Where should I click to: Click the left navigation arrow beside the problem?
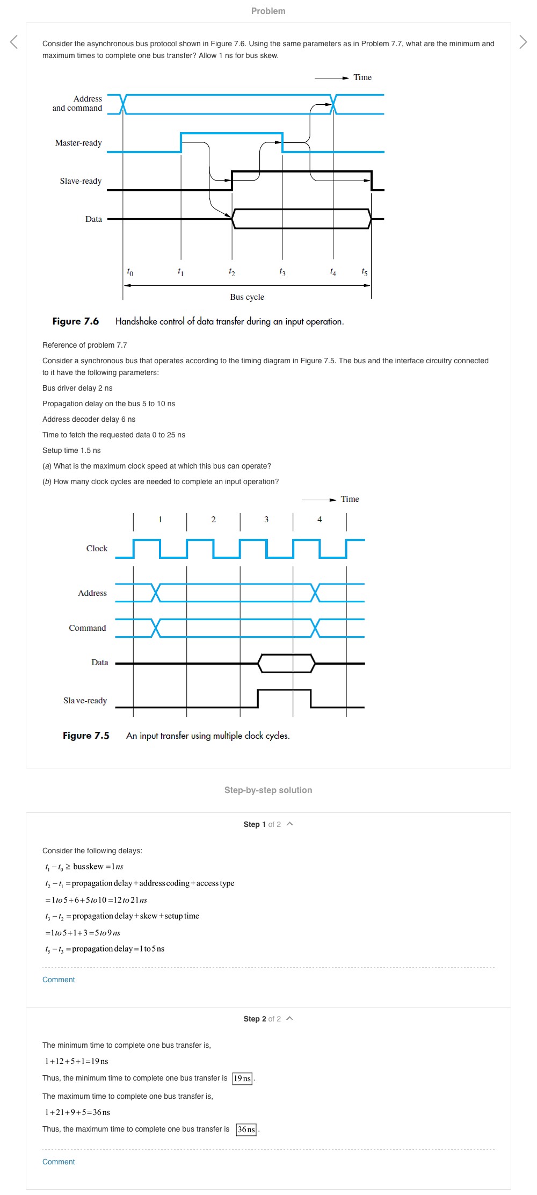tap(14, 42)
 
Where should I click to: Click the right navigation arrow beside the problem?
tap(523, 42)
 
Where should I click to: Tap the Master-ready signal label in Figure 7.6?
tap(78, 143)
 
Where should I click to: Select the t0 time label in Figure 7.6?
tap(130, 272)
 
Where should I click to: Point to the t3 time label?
tap(282, 272)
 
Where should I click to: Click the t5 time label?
tap(365, 272)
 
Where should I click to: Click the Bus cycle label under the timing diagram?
tap(247, 297)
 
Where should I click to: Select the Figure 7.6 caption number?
tap(76, 321)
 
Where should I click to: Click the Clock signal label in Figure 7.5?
tap(97, 549)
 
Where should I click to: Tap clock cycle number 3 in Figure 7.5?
tap(266, 520)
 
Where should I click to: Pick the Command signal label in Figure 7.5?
tap(88, 628)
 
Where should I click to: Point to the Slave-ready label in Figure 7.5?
tap(85, 701)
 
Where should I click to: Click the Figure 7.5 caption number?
tap(86, 736)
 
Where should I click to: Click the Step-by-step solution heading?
tap(268, 790)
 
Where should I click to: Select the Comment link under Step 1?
tap(59, 980)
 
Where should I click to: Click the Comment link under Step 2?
tap(59, 1162)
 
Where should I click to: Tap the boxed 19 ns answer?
tap(242, 1078)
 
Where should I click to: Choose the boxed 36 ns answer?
tap(246, 1129)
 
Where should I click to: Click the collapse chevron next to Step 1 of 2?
tap(290, 824)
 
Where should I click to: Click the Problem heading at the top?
tap(268, 11)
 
